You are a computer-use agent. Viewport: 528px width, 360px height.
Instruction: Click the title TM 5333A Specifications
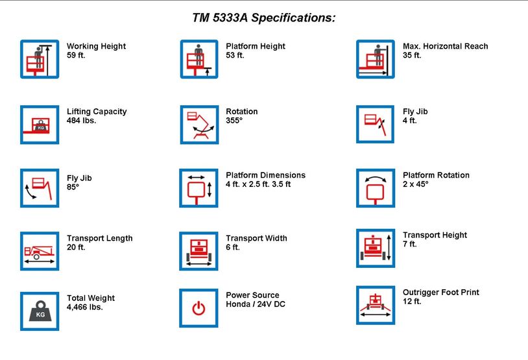click(264, 18)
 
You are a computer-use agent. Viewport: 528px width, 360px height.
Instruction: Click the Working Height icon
click(40, 59)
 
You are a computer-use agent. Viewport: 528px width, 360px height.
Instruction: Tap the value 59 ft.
click(77, 56)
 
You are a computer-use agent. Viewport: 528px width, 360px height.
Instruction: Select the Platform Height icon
click(199, 59)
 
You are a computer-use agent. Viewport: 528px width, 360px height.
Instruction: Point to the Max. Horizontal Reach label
click(445, 46)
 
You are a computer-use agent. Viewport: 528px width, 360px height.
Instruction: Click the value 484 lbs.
click(81, 121)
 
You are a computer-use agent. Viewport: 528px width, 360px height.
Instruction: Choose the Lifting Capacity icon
click(40, 125)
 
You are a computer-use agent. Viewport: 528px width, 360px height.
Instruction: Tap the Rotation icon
click(199, 125)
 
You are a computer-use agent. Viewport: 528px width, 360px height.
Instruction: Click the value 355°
click(234, 121)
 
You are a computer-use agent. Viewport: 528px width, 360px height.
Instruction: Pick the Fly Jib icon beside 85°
click(40, 188)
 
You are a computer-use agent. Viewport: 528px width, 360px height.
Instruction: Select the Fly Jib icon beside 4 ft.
click(375, 124)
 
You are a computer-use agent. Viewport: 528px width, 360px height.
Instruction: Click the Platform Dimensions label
click(265, 175)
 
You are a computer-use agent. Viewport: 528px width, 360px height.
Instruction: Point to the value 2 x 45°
click(416, 184)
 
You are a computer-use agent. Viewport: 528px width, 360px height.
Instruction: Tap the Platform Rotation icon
click(375, 188)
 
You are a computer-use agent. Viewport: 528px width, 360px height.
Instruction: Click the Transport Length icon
click(40, 251)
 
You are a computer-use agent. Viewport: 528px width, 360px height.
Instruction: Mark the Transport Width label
click(256, 238)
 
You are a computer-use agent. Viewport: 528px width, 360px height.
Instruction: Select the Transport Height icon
click(375, 248)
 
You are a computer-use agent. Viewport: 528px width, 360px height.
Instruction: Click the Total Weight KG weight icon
click(40, 311)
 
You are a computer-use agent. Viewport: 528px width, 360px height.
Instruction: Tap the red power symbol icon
click(199, 308)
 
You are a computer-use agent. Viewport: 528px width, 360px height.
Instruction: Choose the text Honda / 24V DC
click(256, 304)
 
